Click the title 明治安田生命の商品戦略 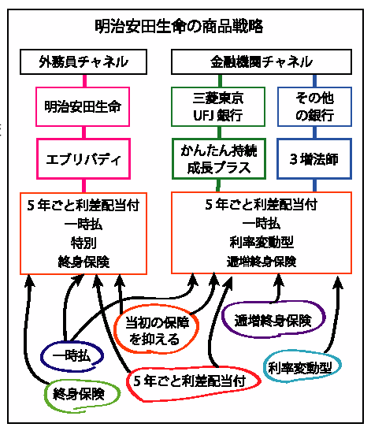pyautogui.click(x=179, y=26)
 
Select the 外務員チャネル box pyautogui.click(x=83, y=61)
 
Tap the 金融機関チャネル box pyautogui.click(x=262, y=61)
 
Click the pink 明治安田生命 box pyautogui.click(x=83, y=106)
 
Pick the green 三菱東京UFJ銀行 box pyautogui.click(x=218, y=106)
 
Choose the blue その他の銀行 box pyautogui.click(x=314, y=106)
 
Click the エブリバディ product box pyautogui.click(x=83, y=159)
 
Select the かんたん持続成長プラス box pyautogui.click(x=219, y=159)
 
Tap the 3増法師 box pyautogui.click(x=314, y=159)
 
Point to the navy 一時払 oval pyautogui.click(x=72, y=356)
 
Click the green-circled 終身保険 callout pyautogui.click(x=82, y=395)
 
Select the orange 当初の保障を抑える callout pyautogui.click(x=156, y=329)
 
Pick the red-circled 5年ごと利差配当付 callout pyautogui.click(x=193, y=383)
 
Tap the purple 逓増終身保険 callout pyautogui.click(x=273, y=320)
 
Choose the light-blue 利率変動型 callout pyautogui.click(x=302, y=366)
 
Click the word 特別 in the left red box pyautogui.click(x=83, y=243)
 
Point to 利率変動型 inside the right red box pyautogui.click(x=262, y=242)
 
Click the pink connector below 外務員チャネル pyautogui.click(x=84, y=81)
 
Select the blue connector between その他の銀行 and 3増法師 pyautogui.click(x=314, y=132)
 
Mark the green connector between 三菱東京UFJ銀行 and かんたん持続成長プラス pyautogui.click(x=219, y=132)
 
